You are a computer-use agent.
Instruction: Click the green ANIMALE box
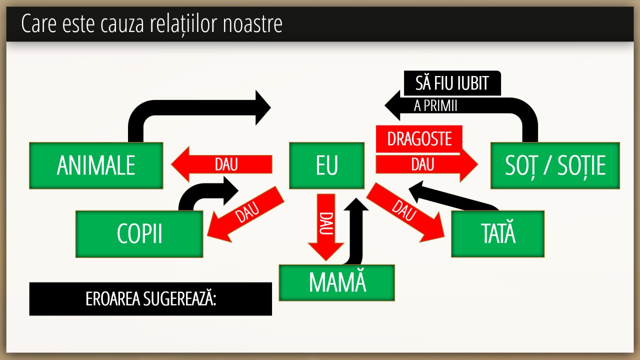[96, 165]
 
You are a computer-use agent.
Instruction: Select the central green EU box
[326, 165]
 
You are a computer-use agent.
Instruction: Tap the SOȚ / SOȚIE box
[555, 165]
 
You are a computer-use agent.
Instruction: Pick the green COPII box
[139, 234]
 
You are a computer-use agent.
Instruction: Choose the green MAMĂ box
[336, 282]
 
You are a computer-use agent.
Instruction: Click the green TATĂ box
[497, 234]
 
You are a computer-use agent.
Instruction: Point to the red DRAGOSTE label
[419, 138]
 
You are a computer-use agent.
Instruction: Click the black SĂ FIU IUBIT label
[451, 82]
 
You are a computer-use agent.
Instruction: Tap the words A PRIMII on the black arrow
[436, 106]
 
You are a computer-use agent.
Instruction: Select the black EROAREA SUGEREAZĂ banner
[150, 299]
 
